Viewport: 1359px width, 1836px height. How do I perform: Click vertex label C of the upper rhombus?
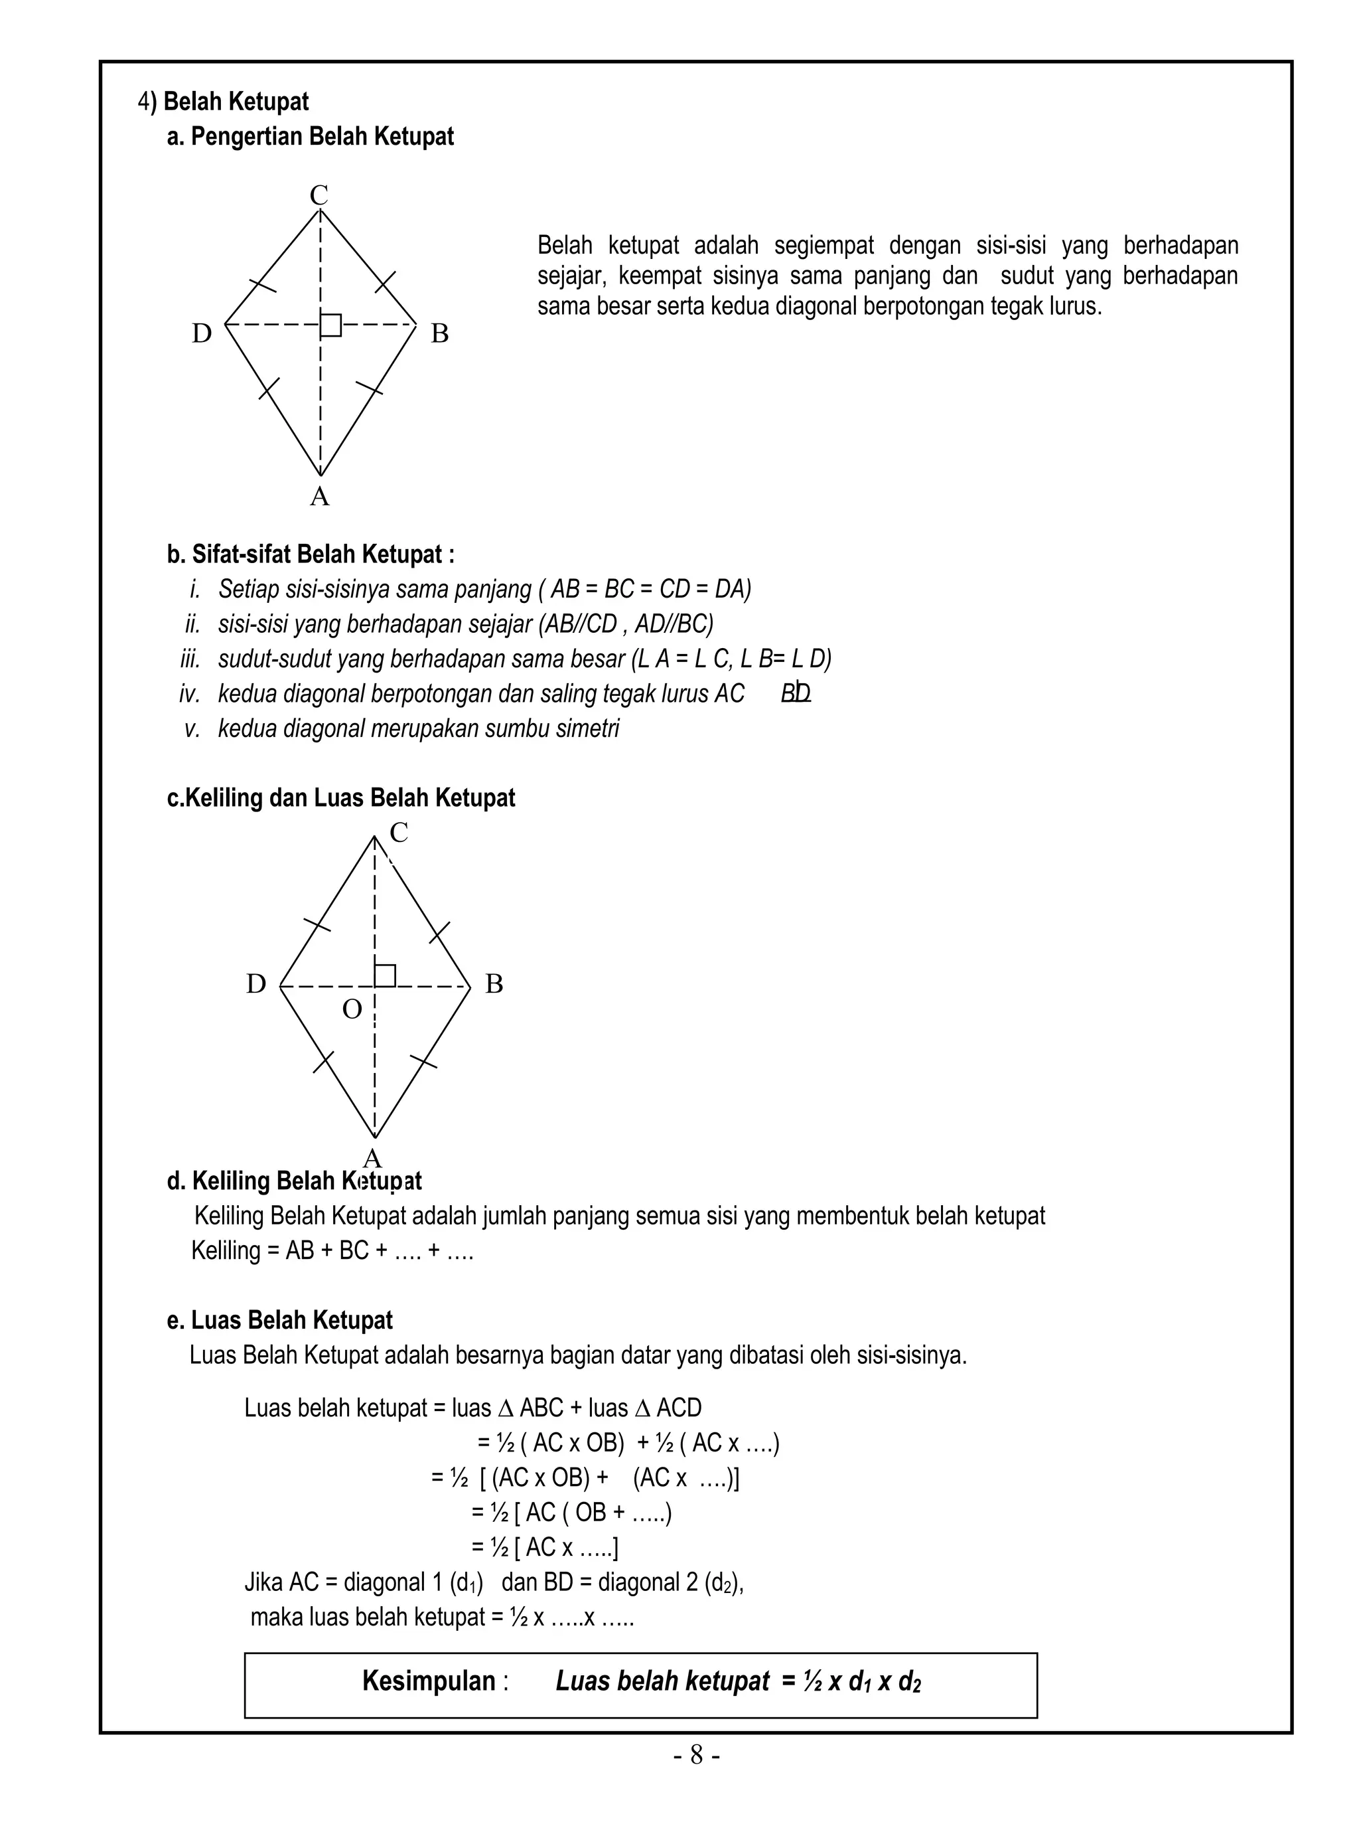[319, 196]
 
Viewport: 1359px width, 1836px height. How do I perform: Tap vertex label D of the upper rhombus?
[202, 333]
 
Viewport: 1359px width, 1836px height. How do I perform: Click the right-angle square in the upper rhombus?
[330, 325]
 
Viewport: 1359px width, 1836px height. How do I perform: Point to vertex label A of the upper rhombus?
[319, 496]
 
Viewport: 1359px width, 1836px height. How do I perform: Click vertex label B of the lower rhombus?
[494, 983]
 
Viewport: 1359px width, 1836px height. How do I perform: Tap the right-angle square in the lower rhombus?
[385, 975]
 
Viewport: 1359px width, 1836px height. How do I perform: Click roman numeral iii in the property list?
[190, 659]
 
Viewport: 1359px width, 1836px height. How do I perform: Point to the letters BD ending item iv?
[796, 694]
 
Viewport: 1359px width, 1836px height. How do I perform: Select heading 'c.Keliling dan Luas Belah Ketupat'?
[340, 797]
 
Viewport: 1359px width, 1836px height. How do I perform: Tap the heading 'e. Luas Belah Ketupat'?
[280, 1320]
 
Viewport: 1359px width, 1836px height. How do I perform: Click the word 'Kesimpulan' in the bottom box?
[429, 1681]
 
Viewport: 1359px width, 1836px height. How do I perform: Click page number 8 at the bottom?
[696, 1756]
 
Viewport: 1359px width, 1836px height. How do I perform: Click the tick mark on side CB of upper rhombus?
[385, 282]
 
